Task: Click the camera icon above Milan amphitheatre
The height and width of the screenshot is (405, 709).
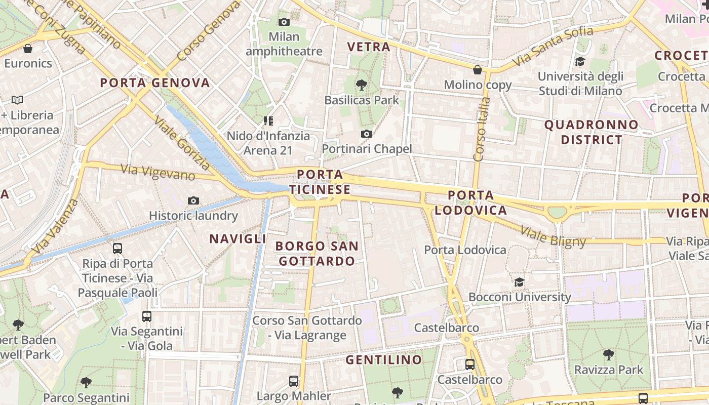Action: coord(284,22)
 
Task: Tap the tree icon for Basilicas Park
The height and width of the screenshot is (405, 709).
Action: coord(361,85)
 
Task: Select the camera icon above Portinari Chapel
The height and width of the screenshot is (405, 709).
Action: coord(367,134)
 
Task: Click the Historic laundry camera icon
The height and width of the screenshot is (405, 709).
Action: coord(193,201)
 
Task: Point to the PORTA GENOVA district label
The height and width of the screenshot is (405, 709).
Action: coord(155,83)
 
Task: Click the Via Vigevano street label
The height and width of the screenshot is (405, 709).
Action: coord(157,172)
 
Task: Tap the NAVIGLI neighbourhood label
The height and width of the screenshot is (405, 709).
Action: coord(238,239)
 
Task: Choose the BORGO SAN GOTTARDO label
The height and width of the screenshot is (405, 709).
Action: coord(317,254)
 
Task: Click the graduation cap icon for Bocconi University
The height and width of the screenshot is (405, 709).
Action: coord(519,282)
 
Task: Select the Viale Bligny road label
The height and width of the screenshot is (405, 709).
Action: coord(553,237)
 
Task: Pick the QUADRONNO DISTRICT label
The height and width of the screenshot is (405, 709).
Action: coord(592,132)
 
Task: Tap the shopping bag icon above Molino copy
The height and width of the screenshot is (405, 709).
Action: coord(477,70)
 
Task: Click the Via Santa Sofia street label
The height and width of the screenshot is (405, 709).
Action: coord(553,46)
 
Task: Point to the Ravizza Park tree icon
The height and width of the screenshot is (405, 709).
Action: coord(608,354)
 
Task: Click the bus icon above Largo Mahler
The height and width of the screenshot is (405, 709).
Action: coord(293,381)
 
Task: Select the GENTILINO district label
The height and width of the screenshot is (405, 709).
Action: coord(384,360)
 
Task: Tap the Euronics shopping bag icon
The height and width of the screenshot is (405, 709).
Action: coord(28,49)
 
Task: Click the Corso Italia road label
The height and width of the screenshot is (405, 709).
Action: coord(481,129)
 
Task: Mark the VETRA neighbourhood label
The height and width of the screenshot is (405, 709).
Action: coord(369,47)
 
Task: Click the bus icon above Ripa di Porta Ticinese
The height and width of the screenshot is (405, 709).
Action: coord(117,249)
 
